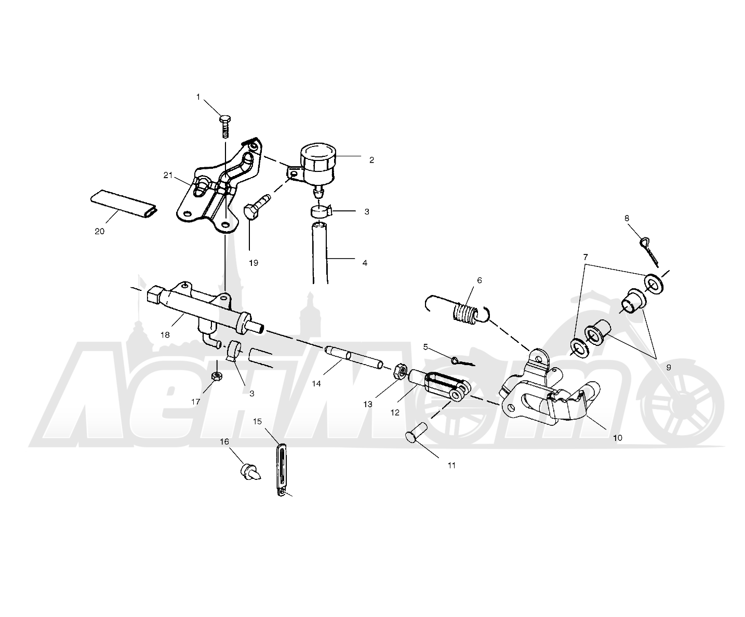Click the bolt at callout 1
click(x=225, y=126)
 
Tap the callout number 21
click(x=168, y=176)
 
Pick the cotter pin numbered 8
click(x=649, y=252)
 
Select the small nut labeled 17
click(x=216, y=375)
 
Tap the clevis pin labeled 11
click(x=416, y=432)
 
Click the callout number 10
click(x=617, y=438)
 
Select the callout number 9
click(x=668, y=367)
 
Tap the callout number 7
click(x=586, y=257)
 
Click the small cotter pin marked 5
click(x=463, y=361)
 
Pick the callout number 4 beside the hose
click(x=365, y=263)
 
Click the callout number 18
click(x=165, y=335)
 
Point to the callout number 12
click(x=395, y=412)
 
